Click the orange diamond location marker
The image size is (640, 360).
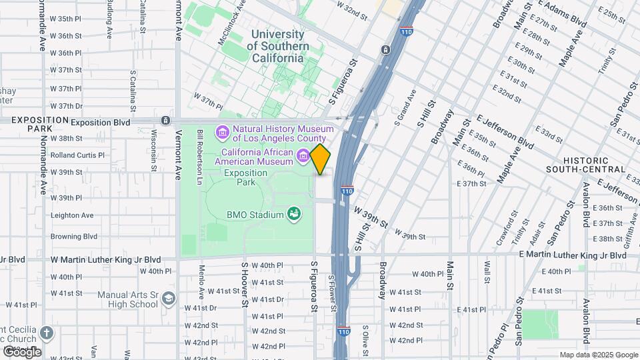[x=320, y=159]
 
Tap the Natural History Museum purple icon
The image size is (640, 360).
[x=223, y=131]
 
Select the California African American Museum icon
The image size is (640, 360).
[x=304, y=156]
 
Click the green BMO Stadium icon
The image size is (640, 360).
[x=292, y=214]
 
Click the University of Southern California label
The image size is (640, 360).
[x=277, y=46]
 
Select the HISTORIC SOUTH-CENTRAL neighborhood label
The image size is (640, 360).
[x=595, y=165]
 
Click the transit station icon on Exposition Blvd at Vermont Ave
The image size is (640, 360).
[x=165, y=121]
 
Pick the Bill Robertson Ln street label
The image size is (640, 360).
[x=199, y=157]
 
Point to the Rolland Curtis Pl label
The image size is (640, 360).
[x=77, y=155]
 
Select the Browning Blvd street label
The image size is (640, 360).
[x=74, y=236]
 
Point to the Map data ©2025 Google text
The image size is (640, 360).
[x=598, y=355]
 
